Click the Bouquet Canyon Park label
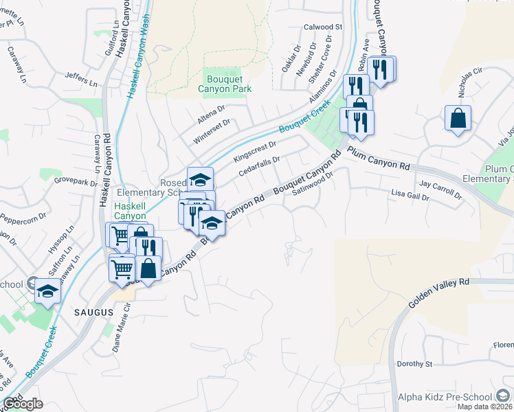point(225,83)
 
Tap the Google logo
point(23,404)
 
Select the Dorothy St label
point(414,364)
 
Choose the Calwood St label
point(323,27)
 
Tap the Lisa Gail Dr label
point(410,196)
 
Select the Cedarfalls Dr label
point(259,165)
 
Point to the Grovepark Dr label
point(77,183)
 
